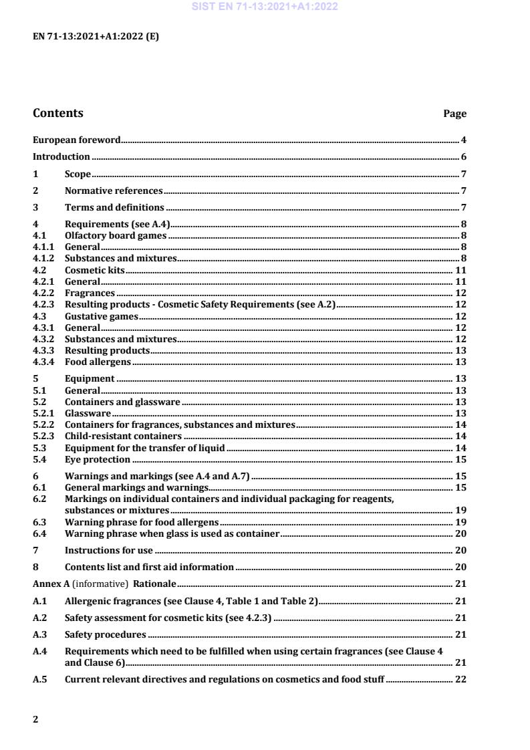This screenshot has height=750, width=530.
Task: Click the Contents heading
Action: pos(58,113)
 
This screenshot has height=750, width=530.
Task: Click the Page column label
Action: pos(454,114)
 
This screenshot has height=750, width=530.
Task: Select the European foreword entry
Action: pos(77,140)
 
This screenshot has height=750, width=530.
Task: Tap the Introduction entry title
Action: pos(61,157)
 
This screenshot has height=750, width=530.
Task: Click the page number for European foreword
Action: pos(463,140)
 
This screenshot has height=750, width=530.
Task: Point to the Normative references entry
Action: pos(114,191)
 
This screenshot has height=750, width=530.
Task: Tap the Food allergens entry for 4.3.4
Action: pos(98,362)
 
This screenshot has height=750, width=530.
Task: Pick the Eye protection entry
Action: pos(98,459)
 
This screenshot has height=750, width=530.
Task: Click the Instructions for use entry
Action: pos(109,550)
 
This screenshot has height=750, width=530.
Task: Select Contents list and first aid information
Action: pos(149,567)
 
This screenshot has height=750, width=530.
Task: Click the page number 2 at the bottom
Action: pos(35,719)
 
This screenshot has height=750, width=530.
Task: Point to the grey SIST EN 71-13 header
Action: pos(265,7)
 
